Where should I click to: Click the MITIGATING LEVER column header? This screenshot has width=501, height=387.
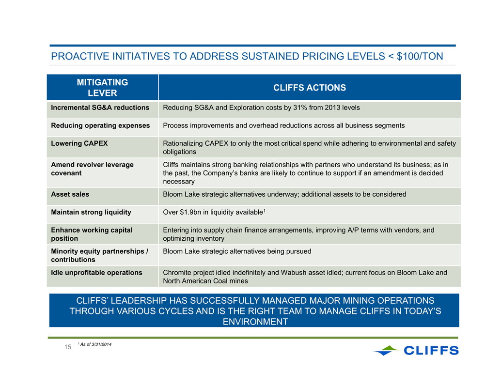[102, 88]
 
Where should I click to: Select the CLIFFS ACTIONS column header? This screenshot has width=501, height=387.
[309, 88]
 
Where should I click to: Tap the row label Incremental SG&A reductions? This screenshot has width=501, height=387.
[100, 108]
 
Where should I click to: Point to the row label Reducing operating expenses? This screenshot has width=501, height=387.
[100, 125]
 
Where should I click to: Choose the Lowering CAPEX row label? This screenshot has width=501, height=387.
[79, 143]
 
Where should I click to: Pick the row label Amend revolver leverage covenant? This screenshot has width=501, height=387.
[93, 169]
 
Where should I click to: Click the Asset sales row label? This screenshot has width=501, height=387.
[70, 194]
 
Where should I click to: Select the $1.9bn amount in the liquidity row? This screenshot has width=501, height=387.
[190, 212]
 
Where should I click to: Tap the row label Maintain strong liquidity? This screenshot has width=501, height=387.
[91, 212]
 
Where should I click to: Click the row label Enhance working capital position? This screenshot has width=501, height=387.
[92, 234]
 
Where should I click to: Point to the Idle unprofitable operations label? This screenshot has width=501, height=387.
[96, 273]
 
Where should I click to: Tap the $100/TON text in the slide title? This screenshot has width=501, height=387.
[420, 56]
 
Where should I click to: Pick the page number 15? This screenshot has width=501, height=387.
[68, 347]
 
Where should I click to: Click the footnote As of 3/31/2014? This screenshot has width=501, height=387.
[94, 344]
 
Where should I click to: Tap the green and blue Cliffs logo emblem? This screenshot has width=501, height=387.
[386, 350]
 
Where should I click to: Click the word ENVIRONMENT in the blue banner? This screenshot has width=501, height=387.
[255, 322]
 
